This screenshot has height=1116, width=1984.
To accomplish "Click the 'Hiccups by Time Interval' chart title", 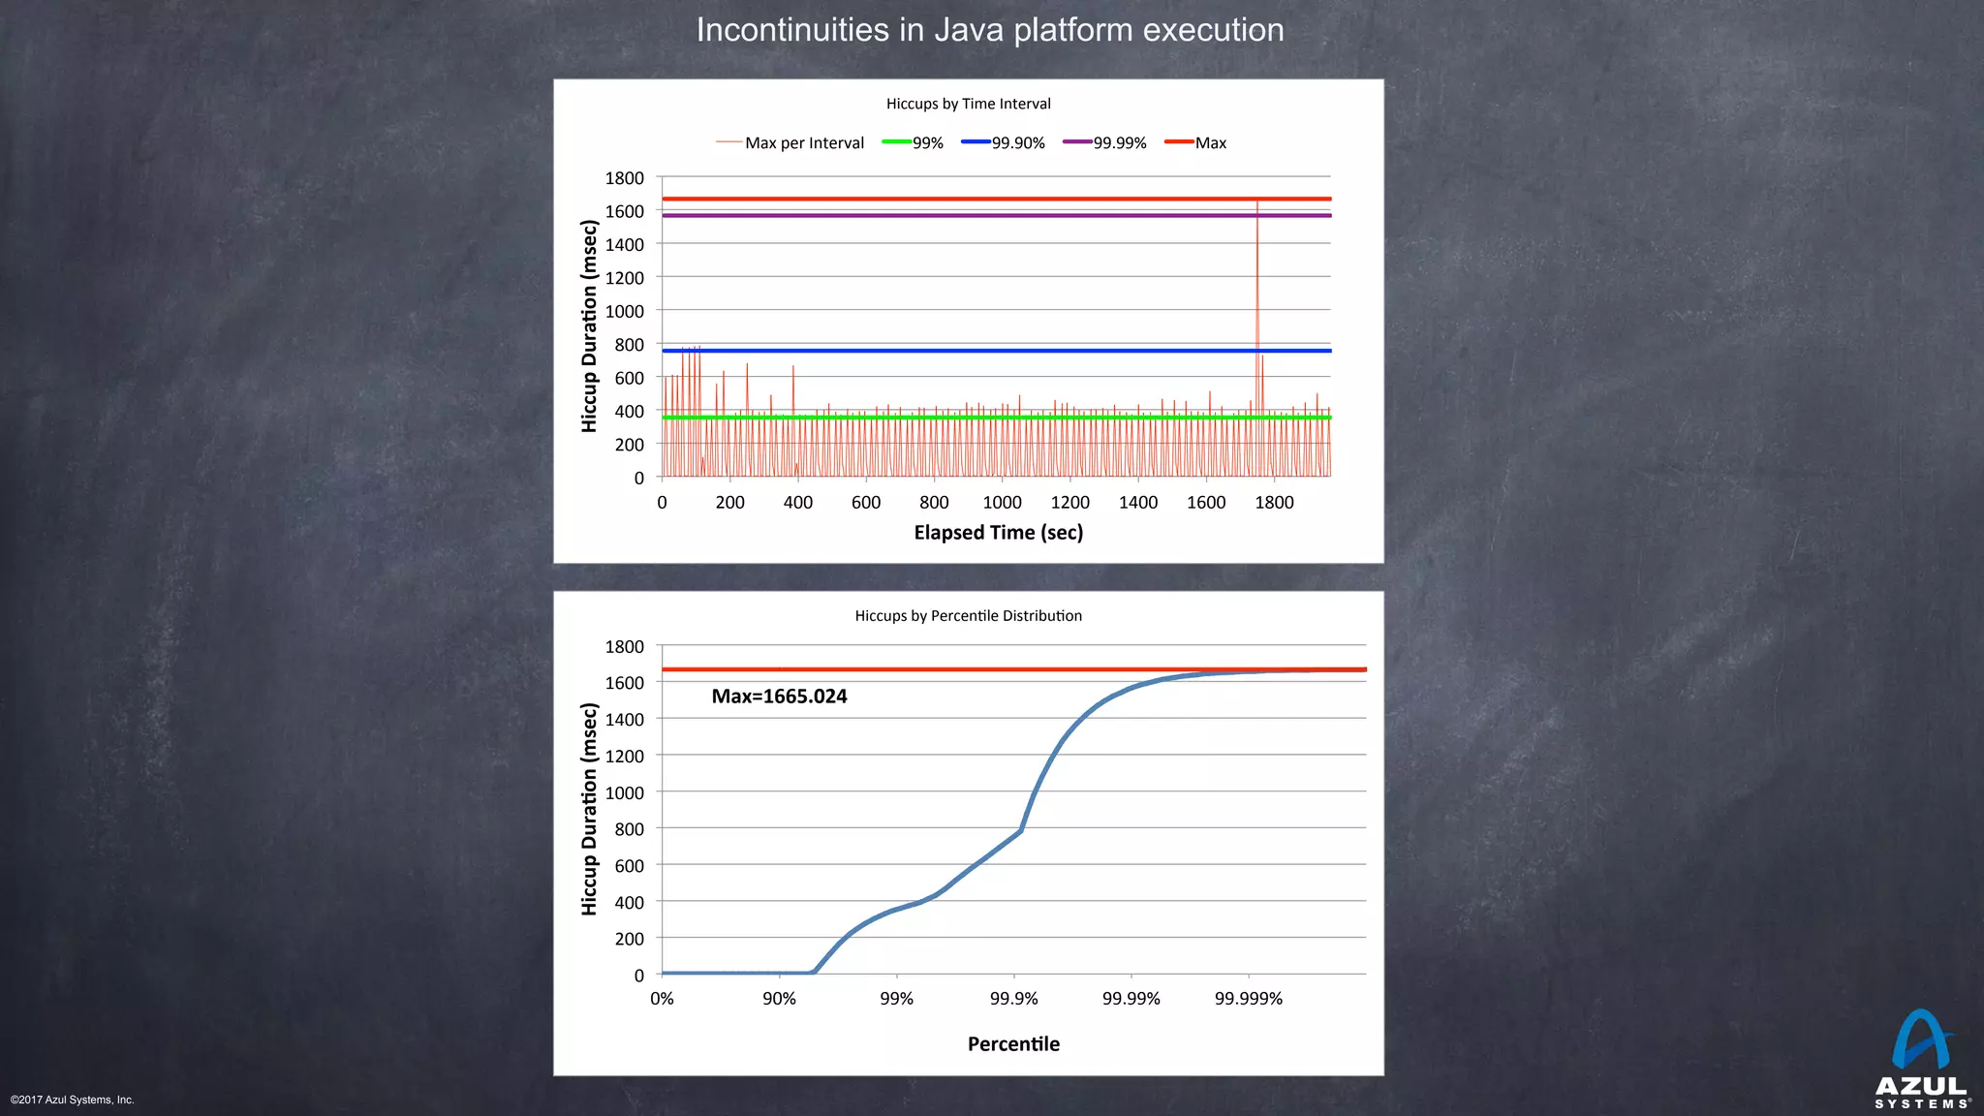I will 968,104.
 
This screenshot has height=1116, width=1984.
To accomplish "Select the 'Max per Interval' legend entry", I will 803,143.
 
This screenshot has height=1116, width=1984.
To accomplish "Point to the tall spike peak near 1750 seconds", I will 1257,202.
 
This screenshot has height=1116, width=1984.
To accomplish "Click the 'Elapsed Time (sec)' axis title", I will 998,532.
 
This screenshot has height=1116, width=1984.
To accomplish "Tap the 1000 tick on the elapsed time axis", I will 1002,502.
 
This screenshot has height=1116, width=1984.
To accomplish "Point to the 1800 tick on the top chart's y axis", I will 624,178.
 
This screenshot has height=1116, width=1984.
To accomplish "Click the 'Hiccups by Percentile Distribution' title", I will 968,615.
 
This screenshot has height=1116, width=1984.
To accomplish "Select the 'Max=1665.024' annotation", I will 779,696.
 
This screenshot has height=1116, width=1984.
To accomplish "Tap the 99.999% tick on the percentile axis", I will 1248,999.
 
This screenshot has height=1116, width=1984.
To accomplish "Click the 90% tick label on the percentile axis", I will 779,999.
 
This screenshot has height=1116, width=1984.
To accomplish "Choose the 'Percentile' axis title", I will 1013,1043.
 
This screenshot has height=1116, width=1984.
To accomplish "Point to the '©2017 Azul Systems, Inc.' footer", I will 73,1100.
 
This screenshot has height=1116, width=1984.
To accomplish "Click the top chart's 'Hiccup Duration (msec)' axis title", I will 589,326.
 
